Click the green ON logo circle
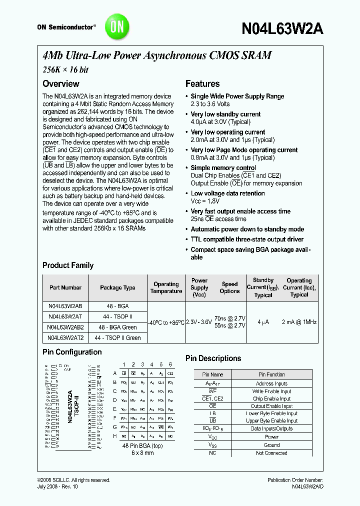tap(116, 26)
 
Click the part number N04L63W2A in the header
tap(282, 28)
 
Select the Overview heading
tap(60, 84)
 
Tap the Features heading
tap(202, 84)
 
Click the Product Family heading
tap(68, 265)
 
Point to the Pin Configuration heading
tap(72, 352)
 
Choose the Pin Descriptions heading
tap(213, 358)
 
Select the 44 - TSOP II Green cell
tap(117, 338)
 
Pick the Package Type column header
tap(117, 287)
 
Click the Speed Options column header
tap(229, 287)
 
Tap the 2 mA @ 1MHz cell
tap(299, 322)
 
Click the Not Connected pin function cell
tap(271, 453)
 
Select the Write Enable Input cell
tap(271, 391)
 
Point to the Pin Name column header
tap(212, 374)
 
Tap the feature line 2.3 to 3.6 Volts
tap(210, 104)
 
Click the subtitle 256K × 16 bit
tap(65, 70)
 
